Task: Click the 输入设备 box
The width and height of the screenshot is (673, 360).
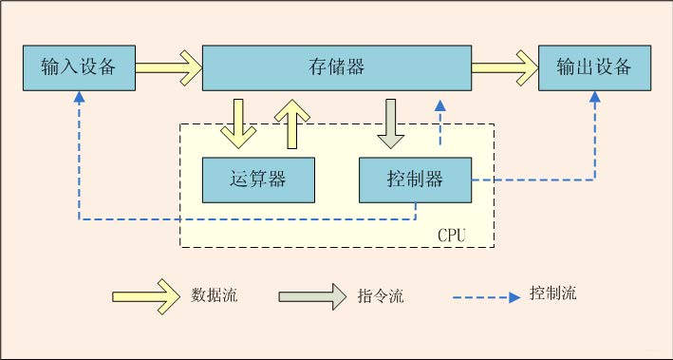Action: pyautogui.click(x=79, y=67)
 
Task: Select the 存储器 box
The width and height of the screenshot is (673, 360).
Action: pyautogui.click(x=337, y=67)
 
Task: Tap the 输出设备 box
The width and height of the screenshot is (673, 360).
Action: pyautogui.click(x=594, y=67)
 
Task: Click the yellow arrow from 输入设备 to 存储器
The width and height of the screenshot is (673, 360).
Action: pyautogui.click(x=169, y=67)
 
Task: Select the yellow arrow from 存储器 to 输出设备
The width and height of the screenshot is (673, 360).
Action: pyautogui.click(x=504, y=67)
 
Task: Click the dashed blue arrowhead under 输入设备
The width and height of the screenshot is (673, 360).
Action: pyautogui.click(x=79, y=97)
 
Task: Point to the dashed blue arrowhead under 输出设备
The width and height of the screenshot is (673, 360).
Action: pyautogui.click(x=595, y=97)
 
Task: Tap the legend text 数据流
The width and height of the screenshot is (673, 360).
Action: pyautogui.click(x=215, y=294)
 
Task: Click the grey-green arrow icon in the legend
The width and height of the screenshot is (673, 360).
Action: pyautogui.click(x=312, y=295)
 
